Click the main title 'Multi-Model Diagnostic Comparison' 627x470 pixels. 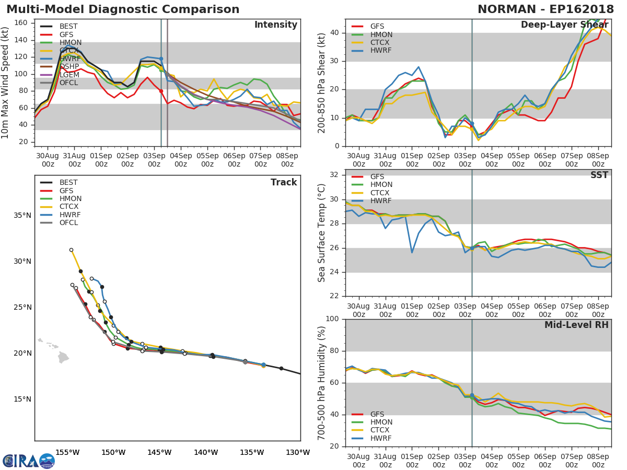tap(123, 9)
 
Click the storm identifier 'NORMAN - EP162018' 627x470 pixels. tap(546, 9)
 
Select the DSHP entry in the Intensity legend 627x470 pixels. tap(69, 67)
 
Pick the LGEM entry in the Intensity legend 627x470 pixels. tap(69, 75)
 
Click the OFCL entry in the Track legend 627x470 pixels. tap(69, 223)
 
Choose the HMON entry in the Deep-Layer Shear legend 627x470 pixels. tap(381, 35)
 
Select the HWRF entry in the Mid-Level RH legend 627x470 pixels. tap(381, 438)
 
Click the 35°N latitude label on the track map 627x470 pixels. tap(22, 215)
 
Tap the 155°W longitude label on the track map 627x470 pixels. tap(67, 452)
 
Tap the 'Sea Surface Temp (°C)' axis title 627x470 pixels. tap(322, 233)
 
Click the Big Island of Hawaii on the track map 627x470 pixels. tap(63, 358)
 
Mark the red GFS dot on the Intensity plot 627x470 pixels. tap(161, 91)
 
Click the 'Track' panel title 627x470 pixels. tap(283, 182)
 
